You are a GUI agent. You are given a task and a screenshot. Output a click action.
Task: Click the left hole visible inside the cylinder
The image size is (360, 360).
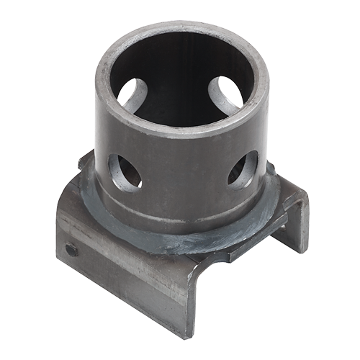[x=133, y=94]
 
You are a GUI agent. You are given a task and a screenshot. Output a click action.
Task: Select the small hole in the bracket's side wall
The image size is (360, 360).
[x=71, y=249]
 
